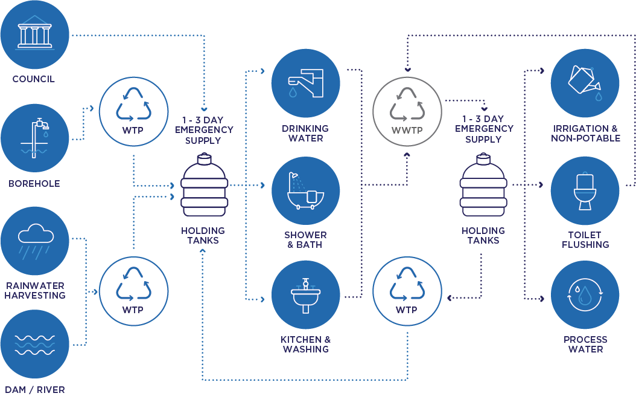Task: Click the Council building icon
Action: [34, 34]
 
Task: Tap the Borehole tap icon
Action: [34, 138]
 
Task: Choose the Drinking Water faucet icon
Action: [305, 83]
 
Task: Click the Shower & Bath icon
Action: [305, 191]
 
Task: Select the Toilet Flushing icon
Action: [585, 191]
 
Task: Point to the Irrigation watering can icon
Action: [585, 83]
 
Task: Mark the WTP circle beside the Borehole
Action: [133, 110]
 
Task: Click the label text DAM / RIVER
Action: [34, 389]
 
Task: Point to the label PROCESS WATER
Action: [585, 344]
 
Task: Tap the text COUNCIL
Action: [34, 79]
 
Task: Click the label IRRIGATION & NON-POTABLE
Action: [585, 134]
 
